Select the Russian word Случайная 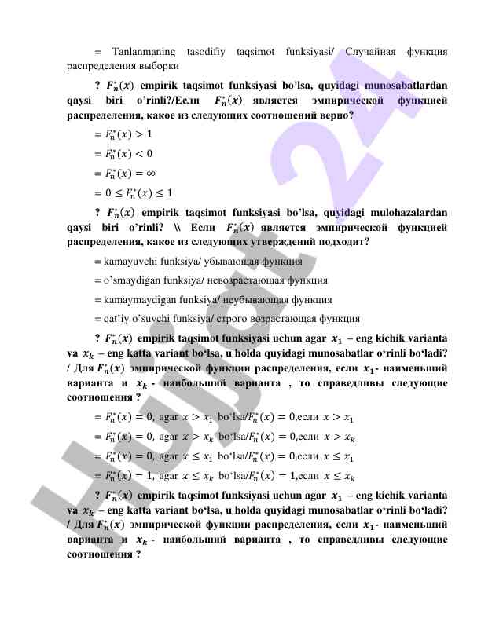[x=368, y=52]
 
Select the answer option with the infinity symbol [x=128, y=173]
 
